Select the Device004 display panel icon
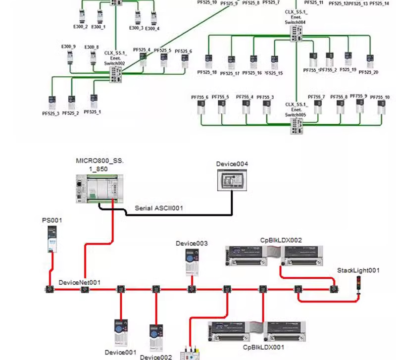pos(231,179)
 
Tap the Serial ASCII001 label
pos(159,208)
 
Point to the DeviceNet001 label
pos(80,282)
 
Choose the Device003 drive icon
pos(191,260)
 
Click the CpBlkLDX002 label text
pos(281,240)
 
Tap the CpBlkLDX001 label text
pos(264,348)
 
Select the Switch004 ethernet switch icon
pos(297,32)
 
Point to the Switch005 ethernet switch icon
pos(297,125)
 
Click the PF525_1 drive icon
pos(93,101)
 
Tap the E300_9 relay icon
pos(70,58)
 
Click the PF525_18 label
pos(207,72)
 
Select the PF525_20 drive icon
pos(369,61)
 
